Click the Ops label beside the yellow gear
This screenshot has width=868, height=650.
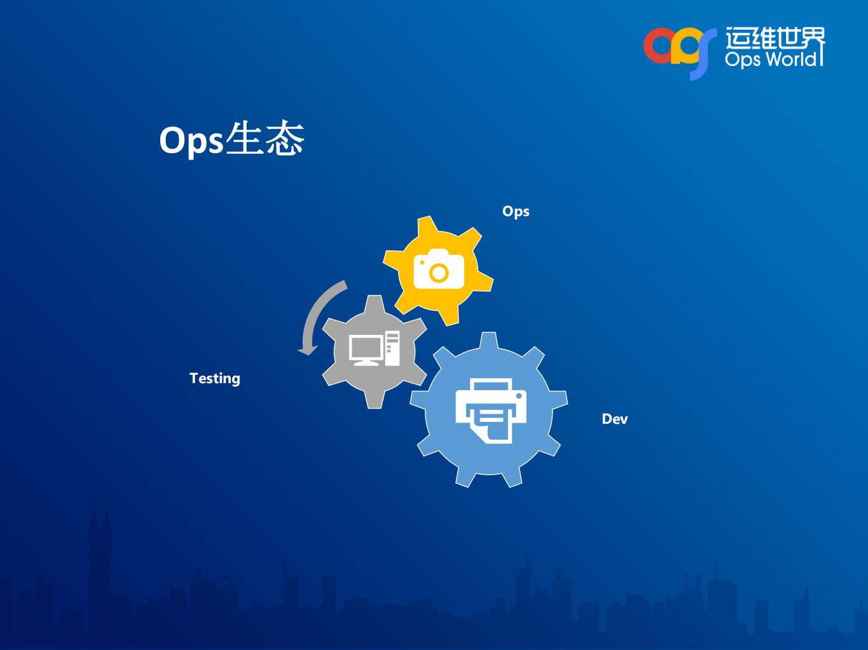point(516,212)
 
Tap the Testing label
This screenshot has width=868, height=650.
point(215,379)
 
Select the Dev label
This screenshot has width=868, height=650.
point(614,419)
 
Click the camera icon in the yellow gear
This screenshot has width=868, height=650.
point(439,269)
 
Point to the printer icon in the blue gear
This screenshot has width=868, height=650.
point(490,410)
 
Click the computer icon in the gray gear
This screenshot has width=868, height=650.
point(374,349)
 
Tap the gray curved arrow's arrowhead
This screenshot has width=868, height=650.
point(308,349)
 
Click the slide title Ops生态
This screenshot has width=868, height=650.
point(231,139)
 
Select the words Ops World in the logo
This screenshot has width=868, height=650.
point(771,60)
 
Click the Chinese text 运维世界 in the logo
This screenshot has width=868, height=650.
point(775,38)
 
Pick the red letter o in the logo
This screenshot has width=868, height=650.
point(658,46)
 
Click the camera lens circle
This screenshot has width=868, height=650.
point(439,273)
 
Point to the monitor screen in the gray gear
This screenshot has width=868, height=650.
point(366,347)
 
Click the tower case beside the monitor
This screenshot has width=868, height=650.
point(392,348)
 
